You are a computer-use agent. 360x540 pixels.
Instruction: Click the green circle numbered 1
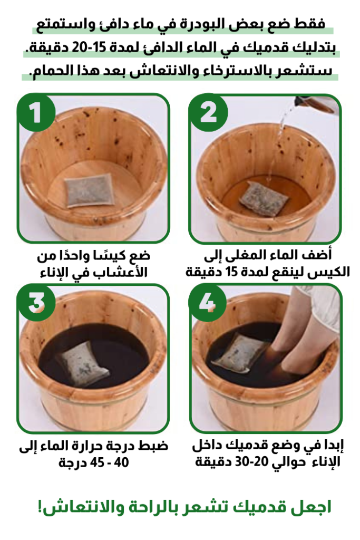click(36, 113)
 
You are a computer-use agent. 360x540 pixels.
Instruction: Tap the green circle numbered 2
click(209, 113)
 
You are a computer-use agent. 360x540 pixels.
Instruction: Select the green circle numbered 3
click(36, 303)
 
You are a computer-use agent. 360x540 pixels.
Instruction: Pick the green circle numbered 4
click(208, 303)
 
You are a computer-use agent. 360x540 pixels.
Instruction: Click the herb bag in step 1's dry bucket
click(89, 190)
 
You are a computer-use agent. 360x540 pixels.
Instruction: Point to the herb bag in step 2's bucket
click(264, 199)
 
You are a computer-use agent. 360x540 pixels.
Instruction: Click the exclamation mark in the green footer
click(40, 507)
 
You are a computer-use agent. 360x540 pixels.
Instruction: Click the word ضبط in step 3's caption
click(153, 446)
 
